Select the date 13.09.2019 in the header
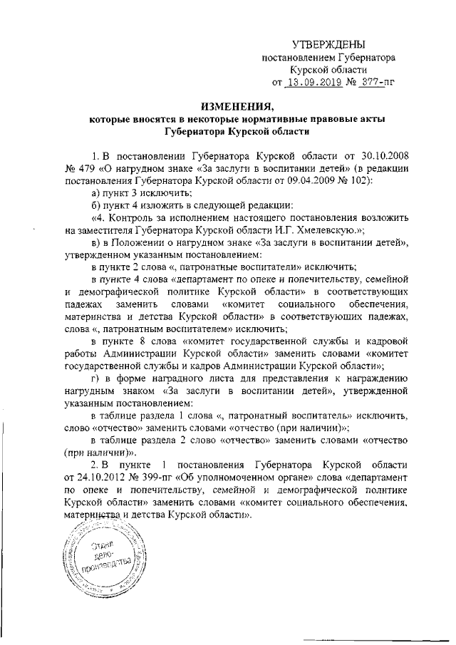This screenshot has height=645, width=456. (x=319, y=82)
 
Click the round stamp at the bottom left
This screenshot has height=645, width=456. (x=100, y=557)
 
